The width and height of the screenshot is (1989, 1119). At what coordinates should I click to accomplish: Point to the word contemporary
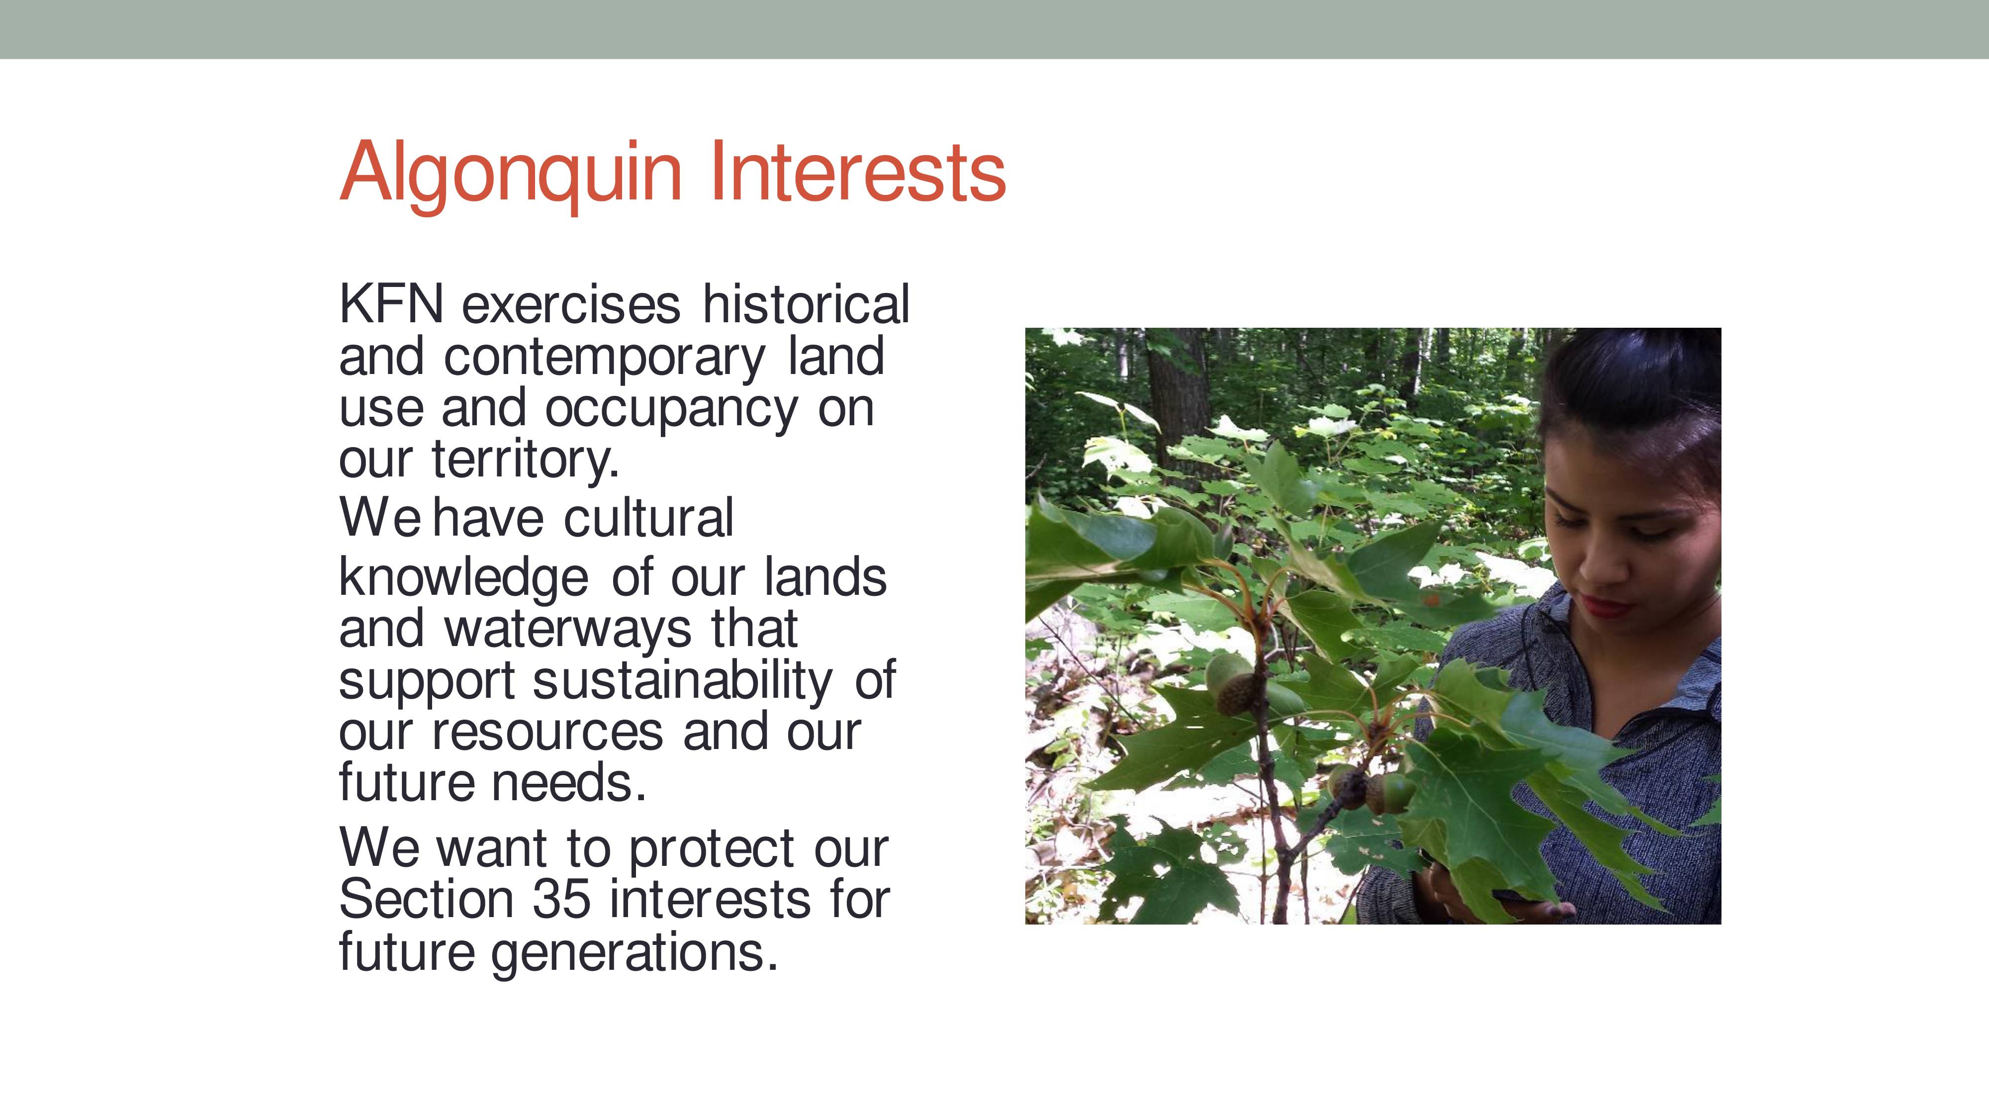(605, 358)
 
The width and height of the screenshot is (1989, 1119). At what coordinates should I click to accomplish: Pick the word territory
(525, 460)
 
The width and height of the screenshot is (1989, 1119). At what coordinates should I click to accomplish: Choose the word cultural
(648, 517)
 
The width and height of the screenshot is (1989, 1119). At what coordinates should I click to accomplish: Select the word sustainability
(683, 681)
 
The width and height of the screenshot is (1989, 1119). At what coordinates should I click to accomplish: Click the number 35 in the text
(562, 900)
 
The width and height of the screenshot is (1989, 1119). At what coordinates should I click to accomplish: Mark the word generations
(634, 953)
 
